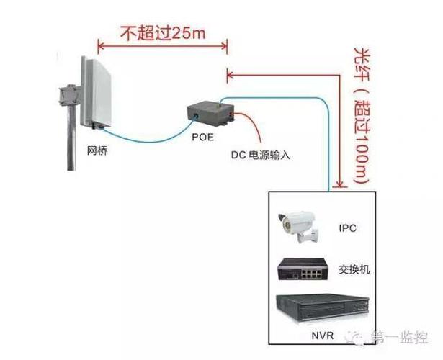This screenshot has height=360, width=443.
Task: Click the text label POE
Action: click(202, 137)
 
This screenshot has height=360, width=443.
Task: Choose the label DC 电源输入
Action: click(262, 155)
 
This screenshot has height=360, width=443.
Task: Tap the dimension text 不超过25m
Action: click(162, 32)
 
